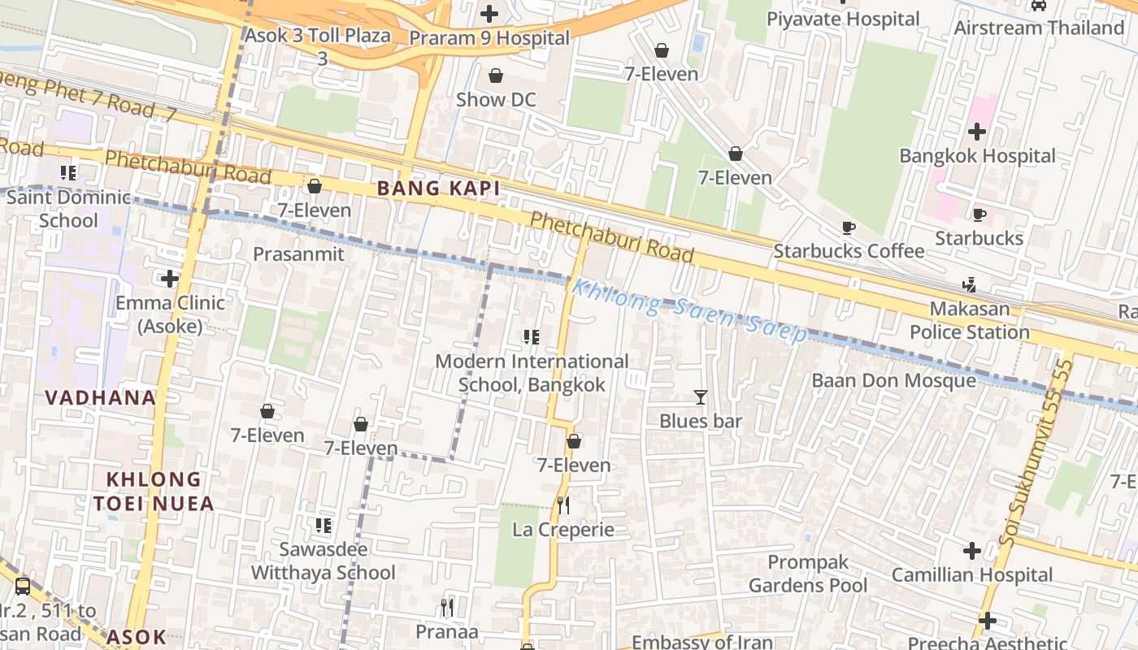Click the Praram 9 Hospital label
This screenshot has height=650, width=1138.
(x=489, y=38)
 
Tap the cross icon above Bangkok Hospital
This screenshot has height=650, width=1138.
(x=977, y=131)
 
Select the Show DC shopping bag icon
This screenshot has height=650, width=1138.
(x=496, y=76)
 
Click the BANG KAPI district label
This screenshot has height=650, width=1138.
(x=438, y=188)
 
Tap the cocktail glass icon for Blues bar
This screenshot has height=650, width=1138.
(x=701, y=396)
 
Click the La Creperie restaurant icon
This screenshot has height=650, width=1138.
(x=562, y=505)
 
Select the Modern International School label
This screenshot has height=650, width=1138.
(x=532, y=372)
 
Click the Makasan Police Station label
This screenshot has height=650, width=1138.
(x=969, y=320)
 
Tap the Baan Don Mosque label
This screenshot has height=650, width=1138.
(x=894, y=380)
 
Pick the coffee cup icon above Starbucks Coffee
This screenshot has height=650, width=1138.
(x=849, y=227)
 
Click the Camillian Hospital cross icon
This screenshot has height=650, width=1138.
(x=972, y=551)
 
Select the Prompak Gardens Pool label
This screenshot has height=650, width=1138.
(x=808, y=574)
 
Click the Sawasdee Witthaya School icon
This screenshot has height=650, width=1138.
(x=324, y=526)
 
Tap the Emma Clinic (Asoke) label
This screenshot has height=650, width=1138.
(x=170, y=314)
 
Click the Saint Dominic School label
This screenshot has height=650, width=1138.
(x=68, y=209)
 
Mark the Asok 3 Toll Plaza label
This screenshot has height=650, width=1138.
(x=318, y=37)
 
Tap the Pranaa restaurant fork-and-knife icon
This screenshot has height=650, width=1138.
(x=446, y=607)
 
